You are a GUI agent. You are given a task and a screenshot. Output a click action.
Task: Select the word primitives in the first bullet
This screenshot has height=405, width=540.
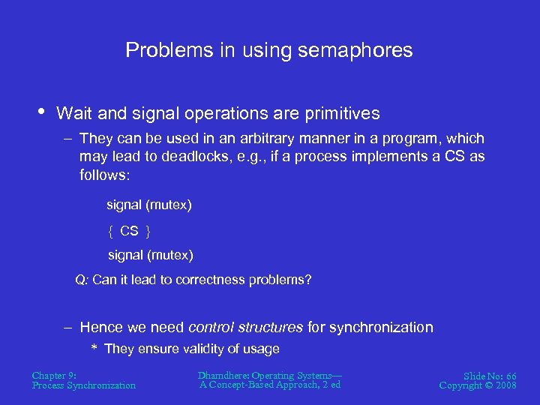click(343, 114)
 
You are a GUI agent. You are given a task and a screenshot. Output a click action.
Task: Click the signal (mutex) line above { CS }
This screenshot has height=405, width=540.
click(149, 205)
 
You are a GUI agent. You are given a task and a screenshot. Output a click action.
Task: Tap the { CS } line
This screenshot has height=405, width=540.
click(129, 230)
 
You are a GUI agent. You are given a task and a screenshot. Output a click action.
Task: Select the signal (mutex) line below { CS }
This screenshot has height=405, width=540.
click(151, 255)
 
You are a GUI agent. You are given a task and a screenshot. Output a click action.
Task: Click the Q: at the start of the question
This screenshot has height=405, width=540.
click(82, 280)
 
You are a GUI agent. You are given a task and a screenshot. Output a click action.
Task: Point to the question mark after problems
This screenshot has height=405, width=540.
click(307, 280)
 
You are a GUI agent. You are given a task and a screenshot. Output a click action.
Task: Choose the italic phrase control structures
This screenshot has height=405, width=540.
click(245, 327)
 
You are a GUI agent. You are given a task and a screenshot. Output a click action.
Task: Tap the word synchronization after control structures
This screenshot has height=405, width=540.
click(381, 327)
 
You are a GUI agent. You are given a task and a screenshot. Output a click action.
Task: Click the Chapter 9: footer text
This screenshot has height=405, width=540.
click(54, 375)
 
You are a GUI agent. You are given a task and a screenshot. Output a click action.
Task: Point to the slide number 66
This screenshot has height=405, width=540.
click(510, 376)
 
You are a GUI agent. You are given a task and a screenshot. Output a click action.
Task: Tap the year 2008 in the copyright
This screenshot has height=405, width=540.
click(505, 385)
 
